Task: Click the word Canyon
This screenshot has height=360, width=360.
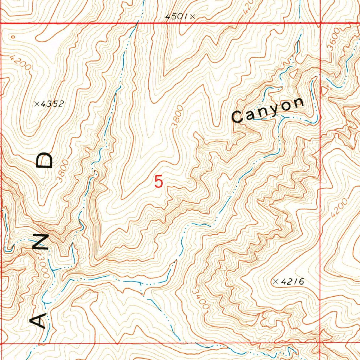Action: pos(268,110)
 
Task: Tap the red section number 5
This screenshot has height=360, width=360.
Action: pos(159,182)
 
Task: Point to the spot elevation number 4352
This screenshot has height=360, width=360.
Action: pos(52,104)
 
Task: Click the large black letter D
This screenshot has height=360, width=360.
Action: pos(45,160)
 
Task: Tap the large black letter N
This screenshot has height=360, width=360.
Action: pos(40,243)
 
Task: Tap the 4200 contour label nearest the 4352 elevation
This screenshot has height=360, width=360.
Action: pos(20,63)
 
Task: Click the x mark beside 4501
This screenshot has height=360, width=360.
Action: pos(193,16)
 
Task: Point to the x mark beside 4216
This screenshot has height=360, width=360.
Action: pos(276,281)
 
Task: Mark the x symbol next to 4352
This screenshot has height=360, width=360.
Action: pos(36,104)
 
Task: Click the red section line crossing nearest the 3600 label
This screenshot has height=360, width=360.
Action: pos(320,24)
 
